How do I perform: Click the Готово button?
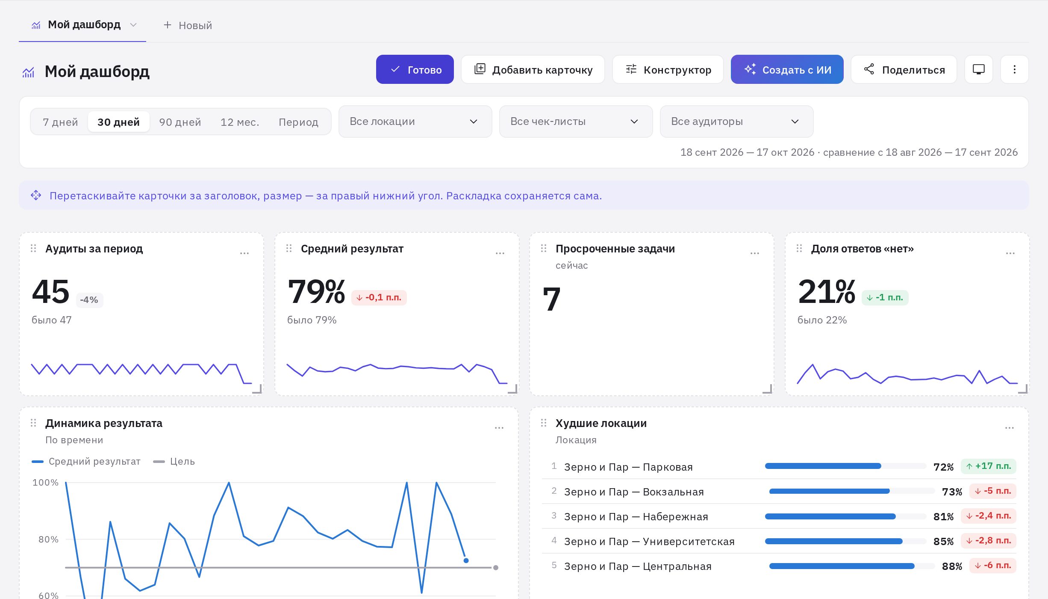pyautogui.click(x=415, y=69)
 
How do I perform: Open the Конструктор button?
pyautogui.click(x=668, y=69)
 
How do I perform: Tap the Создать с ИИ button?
pyautogui.click(x=787, y=69)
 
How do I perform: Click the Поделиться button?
pyautogui.click(x=904, y=69)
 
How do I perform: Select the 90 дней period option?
pyautogui.click(x=180, y=122)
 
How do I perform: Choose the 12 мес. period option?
pyautogui.click(x=240, y=122)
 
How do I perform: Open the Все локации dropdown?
pyautogui.click(x=415, y=122)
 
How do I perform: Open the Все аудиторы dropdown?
pyautogui.click(x=736, y=122)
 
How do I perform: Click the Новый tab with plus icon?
pyautogui.click(x=188, y=25)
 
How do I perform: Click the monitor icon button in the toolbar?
pyautogui.click(x=978, y=69)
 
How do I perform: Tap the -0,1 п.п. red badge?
pyautogui.click(x=379, y=297)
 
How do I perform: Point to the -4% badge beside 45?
pyautogui.click(x=89, y=299)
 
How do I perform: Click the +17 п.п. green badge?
pyautogui.click(x=988, y=466)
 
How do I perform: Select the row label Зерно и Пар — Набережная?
pyautogui.click(x=636, y=516)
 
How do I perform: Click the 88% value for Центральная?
pyautogui.click(x=952, y=566)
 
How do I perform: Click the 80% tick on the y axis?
pyautogui.click(x=48, y=539)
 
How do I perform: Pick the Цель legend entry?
pyautogui.click(x=174, y=461)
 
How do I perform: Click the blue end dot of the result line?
pyautogui.click(x=466, y=560)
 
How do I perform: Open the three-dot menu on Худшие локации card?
pyautogui.click(x=1009, y=428)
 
